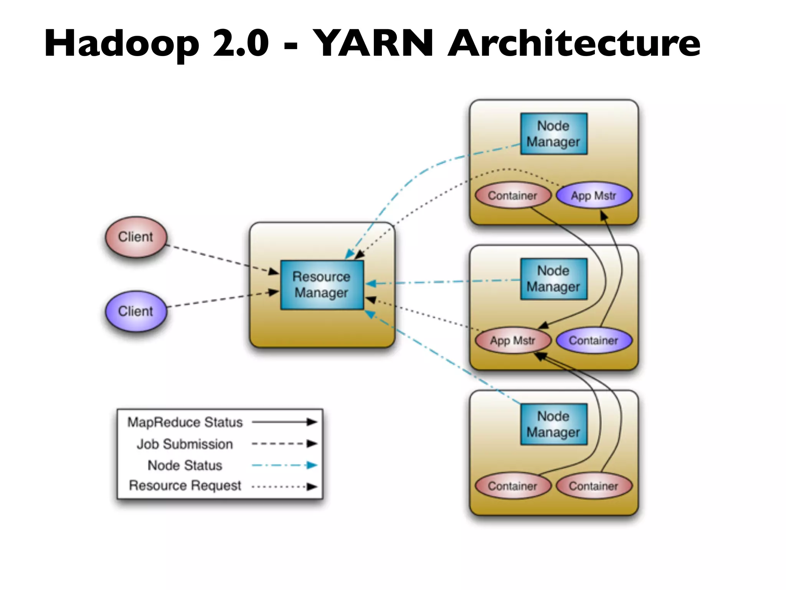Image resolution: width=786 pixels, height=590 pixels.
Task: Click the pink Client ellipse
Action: (136, 237)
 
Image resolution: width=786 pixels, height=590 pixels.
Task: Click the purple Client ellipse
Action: (136, 311)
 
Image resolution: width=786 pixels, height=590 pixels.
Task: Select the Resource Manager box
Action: (322, 285)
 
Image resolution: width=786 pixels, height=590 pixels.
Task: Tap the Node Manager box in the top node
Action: (553, 134)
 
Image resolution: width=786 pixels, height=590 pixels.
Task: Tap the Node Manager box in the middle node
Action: (553, 279)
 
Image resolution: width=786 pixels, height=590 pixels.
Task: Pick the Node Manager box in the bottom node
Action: (553, 424)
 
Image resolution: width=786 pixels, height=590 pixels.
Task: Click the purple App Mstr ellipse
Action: (593, 196)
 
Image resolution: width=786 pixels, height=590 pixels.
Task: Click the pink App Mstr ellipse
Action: (513, 340)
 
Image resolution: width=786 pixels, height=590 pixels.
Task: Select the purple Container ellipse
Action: (593, 340)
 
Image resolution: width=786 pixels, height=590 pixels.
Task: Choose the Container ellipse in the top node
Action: (513, 196)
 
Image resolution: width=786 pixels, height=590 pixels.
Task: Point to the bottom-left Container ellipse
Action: (513, 486)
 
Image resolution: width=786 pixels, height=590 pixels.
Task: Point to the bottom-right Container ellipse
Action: (593, 486)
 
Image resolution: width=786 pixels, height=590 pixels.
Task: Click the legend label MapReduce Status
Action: (185, 422)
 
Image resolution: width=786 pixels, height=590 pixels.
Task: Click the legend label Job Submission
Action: (185, 444)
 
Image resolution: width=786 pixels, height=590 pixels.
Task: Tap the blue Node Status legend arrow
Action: (284, 465)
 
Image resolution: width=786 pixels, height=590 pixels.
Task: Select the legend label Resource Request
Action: (185, 486)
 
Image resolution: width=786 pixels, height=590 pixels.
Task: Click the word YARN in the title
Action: (373, 43)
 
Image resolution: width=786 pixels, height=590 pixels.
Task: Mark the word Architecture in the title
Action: (574, 43)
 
